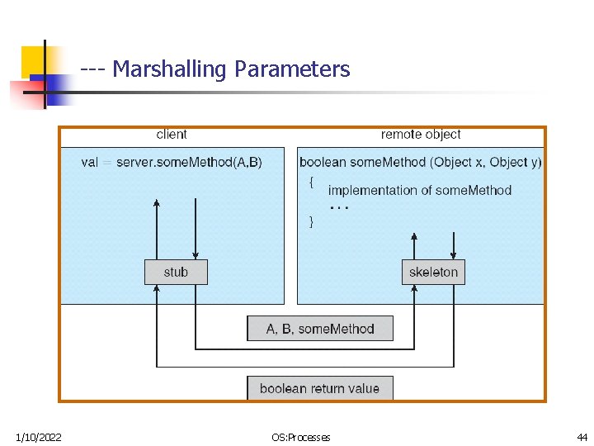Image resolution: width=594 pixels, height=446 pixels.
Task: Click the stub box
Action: tap(176, 272)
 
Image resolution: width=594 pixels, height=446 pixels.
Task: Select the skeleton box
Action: tap(433, 272)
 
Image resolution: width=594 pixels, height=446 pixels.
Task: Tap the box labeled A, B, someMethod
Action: tap(320, 329)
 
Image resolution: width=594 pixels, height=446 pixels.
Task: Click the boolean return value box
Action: tap(320, 388)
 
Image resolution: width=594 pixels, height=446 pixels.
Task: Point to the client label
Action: tap(172, 135)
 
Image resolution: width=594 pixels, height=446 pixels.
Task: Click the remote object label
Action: tap(421, 135)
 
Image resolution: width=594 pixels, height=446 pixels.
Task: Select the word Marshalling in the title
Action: tap(169, 69)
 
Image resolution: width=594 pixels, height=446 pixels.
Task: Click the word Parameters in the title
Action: tap(292, 69)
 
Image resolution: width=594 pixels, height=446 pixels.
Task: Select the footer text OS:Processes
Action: tap(300, 437)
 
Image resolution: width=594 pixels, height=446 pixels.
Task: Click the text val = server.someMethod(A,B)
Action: tap(172, 163)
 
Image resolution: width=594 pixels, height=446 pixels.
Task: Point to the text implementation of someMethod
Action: tap(420, 190)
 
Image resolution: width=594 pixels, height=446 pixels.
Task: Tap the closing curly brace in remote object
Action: tap(310, 221)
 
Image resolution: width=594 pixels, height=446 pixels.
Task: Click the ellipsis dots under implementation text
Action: tap(339, 207)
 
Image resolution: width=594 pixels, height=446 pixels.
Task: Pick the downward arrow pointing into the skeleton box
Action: tap(453, 245)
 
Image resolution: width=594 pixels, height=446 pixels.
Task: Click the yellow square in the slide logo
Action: tap(34, 60)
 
